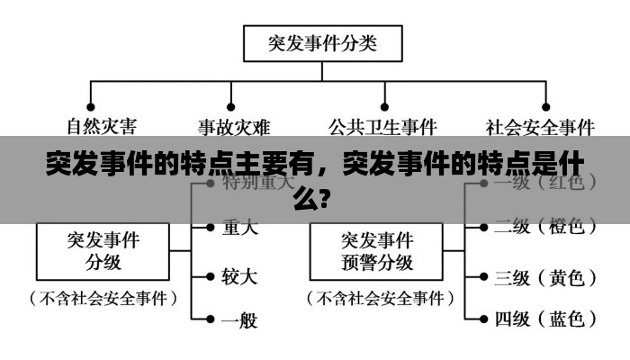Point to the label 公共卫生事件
click(x=382, y=126)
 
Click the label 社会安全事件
click(x=540, y=126)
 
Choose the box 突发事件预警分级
click(x=377, y=250)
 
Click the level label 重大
click(x=239, y=229)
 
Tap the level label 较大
click(x=239, y=274)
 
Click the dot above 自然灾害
click(x=90, y=84)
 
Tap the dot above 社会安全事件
click(x=546, y=84)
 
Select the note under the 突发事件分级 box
click(x=103, y=297)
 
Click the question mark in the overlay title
click(x=334, y=196)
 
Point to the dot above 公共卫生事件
click(x=384, y=84)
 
